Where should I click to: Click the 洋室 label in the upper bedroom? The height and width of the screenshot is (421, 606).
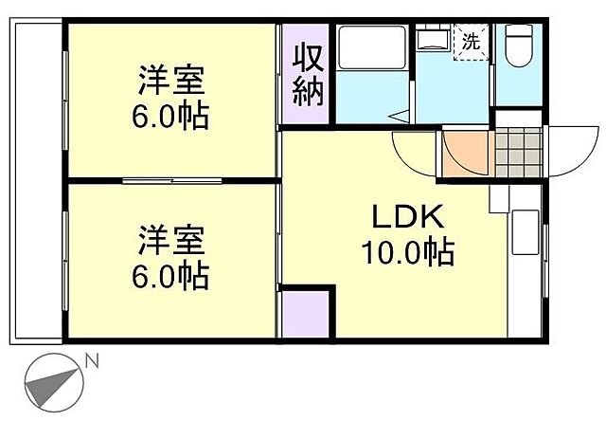click(x=171, y=77)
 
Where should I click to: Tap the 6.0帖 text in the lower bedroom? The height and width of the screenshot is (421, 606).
click(x=171, y=276)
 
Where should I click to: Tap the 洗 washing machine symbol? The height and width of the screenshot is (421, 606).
click(x=471, y=41)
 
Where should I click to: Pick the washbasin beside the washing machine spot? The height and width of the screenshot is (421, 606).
click(x=435, y=40)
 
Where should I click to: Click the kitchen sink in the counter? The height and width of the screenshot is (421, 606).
click(x=524, y=233)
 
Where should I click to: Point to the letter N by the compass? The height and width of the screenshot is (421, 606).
click(x=92, y=360)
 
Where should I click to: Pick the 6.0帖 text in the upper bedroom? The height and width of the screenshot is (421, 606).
click(x=171, y=118)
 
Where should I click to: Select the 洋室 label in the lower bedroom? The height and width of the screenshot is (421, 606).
click(x=171, y=238)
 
